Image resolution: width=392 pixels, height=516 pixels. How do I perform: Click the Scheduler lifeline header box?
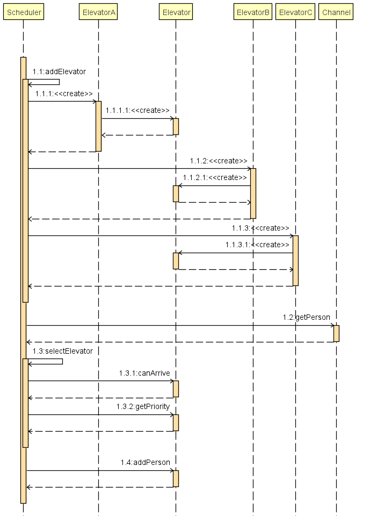tap(24, 12)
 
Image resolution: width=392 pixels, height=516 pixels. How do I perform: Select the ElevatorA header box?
tap(99, 12)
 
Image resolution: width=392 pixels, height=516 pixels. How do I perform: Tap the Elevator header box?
tap(176, 12)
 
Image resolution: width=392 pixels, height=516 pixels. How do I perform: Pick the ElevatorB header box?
tap(253, 12)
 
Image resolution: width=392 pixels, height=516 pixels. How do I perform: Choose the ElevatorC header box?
tap(295, 12)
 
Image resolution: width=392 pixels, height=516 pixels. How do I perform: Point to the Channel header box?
tap(336, 12)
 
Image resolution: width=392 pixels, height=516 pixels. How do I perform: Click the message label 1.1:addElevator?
tap(59, 71)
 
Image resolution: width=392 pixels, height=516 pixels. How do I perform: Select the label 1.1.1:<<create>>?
tap(64, 94)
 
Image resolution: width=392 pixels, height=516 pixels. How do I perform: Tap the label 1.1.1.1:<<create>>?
tap(137, 110)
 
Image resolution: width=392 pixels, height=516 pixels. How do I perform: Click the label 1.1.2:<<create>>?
tap(219, 161)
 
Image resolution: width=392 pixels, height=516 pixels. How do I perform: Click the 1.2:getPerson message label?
tap(307, 317)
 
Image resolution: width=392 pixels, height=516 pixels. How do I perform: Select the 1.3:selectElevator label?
tap(62, 351)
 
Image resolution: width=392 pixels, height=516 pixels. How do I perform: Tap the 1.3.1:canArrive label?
tap(144, 373)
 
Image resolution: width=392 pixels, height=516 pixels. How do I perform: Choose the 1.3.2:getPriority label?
tap(143, 406)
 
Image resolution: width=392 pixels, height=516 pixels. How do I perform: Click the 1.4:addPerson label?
tap(145, 462)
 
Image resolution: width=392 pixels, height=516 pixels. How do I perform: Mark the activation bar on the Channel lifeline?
tap(336, 333)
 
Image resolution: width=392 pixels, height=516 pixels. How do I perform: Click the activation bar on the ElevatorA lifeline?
tap(98, 126)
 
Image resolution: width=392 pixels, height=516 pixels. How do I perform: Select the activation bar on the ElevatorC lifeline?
tap(295, 260)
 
